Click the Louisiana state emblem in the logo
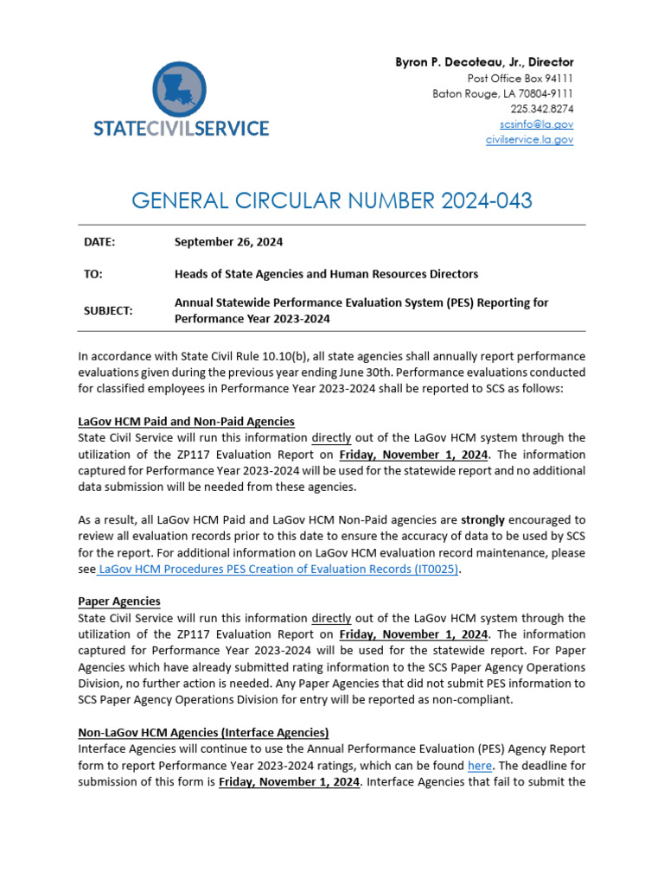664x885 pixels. click(180, 88)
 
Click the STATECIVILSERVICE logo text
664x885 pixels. click(181, 129)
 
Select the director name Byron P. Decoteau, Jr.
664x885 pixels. click(484, 62)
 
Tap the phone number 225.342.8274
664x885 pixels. click(541, 109)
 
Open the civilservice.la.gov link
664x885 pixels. click(529, 140)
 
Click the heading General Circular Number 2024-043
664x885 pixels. click(332, 201)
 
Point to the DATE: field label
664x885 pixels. click(99, 243)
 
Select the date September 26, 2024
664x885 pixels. click(228, 243)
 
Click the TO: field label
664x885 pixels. click(93, 274)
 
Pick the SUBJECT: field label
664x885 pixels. click(108, 310)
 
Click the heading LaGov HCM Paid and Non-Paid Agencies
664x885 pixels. click(186, 421)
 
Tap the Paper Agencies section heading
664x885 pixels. click(118, 602)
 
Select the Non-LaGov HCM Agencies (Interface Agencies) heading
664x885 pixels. click(203, 732)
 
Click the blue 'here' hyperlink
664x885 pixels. click(479, 766)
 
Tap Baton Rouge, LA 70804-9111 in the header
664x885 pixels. click(502, 93)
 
